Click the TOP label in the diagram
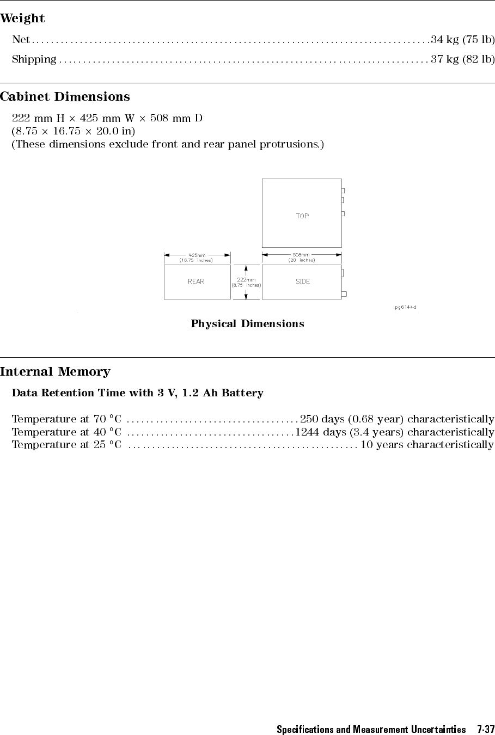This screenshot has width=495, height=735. tap(302, 216)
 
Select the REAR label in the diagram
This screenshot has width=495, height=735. tap(196, 281)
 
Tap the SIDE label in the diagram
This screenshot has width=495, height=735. tap(303, 281)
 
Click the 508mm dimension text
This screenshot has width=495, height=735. tap(301, 254)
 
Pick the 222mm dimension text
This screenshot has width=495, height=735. tap(246, 280)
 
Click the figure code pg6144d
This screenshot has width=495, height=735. tap(405, 307)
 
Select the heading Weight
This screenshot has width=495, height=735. tap(22, 19)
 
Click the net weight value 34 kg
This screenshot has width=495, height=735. tap(444, 39)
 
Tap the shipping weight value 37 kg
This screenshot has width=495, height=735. tap(444, 59)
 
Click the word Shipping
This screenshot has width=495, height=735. tap(34, 59)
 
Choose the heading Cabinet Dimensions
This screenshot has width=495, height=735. tap(65, 97)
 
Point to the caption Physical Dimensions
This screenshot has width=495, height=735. tap(247, 324)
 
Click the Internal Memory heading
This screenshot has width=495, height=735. tap(55, 372)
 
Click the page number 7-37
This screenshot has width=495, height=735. tap(485, 729)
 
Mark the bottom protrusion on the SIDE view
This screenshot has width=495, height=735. tap(344, 294)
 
